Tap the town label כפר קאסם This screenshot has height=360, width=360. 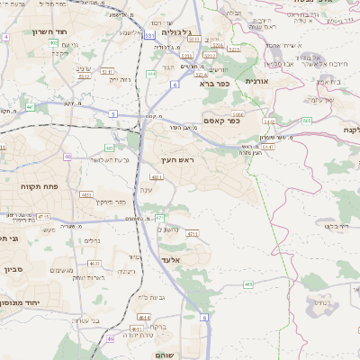(x=220, y=121)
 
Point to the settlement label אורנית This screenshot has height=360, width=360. (x=256, y=80)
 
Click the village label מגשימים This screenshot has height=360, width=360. (x=63, y=271)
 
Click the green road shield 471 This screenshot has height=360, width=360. (x=159, y=218)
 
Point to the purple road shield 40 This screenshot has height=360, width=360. (x=67, y=157)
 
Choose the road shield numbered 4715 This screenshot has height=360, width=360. (x=43, y=217)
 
